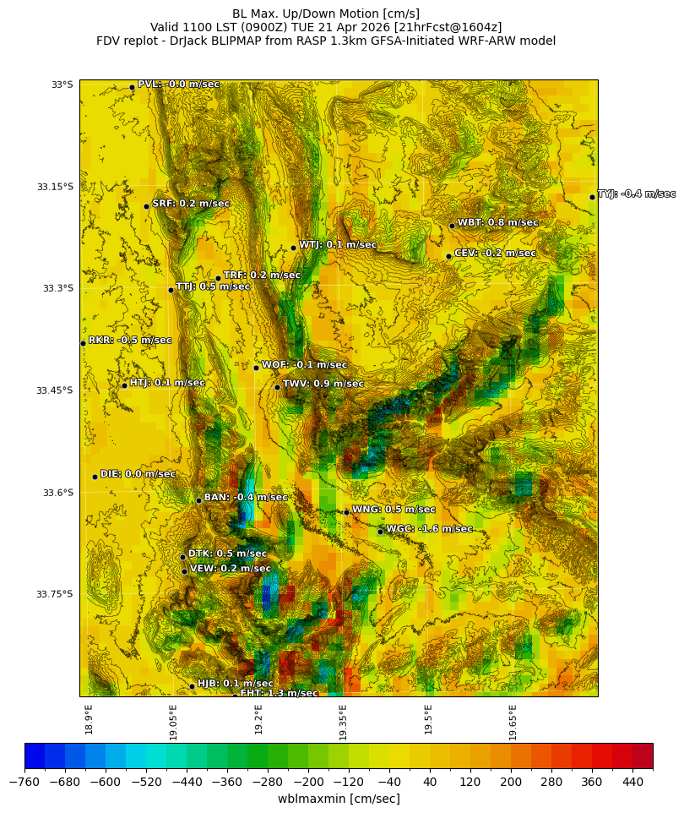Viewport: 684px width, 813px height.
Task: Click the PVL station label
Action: tap(178, 85)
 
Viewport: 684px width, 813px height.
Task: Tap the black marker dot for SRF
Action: tap(146, 206)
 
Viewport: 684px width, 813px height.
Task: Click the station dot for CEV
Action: tap(448, 256)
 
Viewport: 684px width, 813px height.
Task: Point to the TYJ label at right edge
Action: tap(636, 194)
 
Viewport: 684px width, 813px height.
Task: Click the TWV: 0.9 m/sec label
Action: tap(323, 384)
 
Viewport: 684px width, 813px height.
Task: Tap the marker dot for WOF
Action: tap(256, 368)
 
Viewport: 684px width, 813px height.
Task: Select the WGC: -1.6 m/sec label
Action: tap(429, 529)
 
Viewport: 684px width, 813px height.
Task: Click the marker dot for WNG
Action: tap(346, 512)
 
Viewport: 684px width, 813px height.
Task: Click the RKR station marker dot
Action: tap(83, 343)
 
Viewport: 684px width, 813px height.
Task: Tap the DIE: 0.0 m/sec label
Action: tap(138, 474)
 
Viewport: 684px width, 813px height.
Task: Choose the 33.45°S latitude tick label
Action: tap(55, 390)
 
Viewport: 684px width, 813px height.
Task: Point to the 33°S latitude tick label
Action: tap(62, 85)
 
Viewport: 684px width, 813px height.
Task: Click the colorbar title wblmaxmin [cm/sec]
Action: tap(339, 799)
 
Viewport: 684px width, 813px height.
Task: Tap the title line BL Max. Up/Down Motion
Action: tap(326, 14)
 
